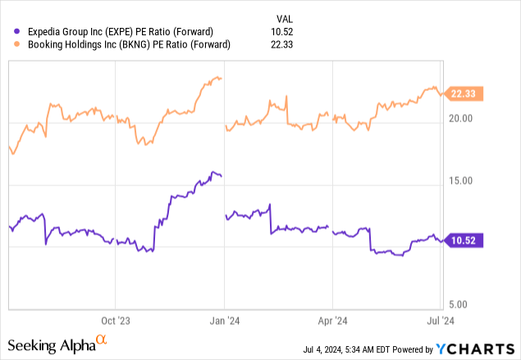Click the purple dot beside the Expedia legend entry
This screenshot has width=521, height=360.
9,32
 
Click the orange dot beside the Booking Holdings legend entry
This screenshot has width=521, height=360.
9,46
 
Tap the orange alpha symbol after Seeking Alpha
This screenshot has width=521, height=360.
101,339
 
